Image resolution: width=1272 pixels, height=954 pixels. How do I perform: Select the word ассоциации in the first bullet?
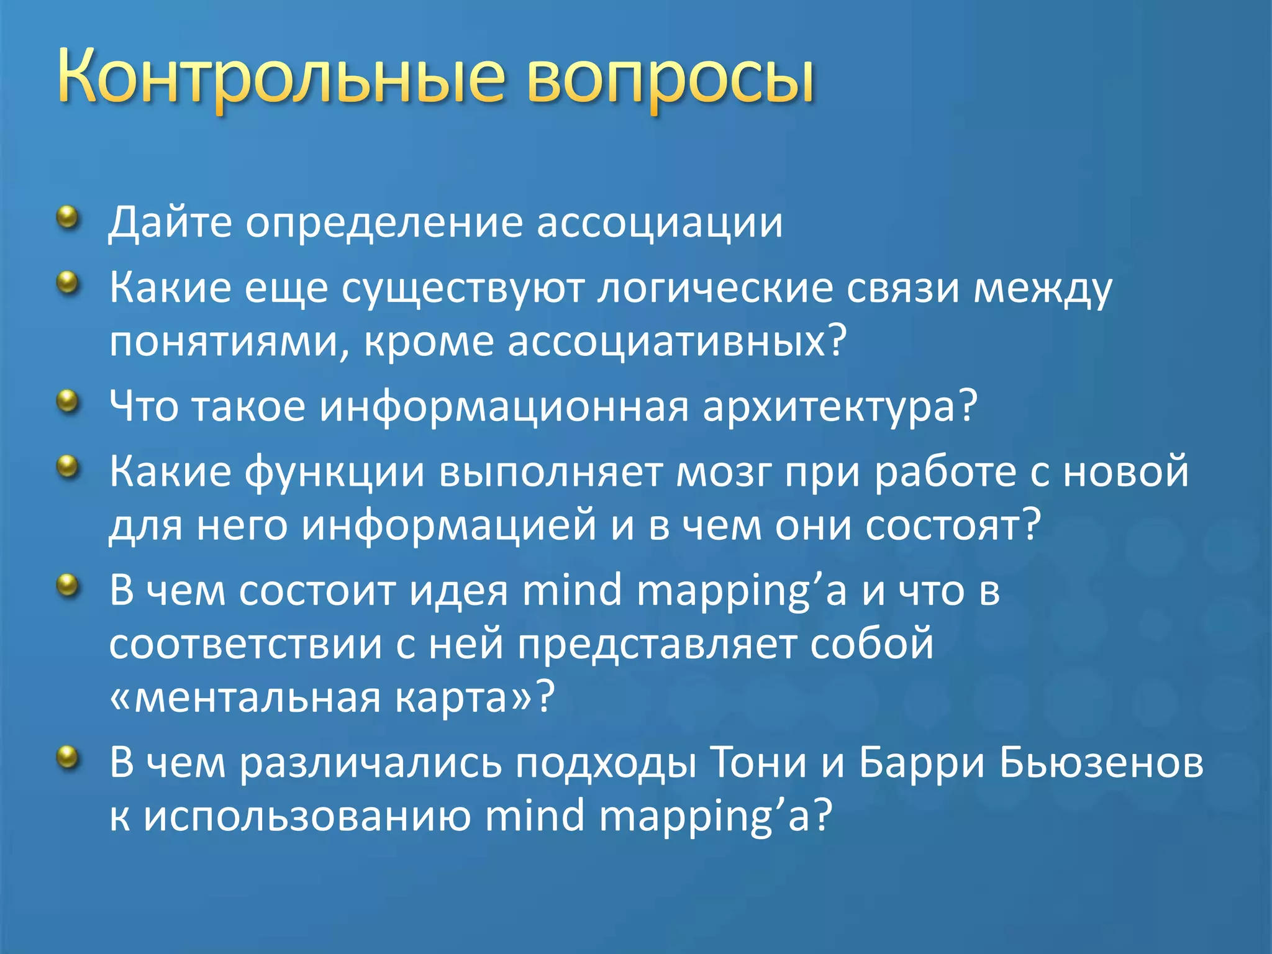pos(659,222)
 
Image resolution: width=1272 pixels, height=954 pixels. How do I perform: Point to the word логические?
pos(714,289)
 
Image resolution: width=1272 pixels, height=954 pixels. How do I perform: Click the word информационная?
pos(504,408)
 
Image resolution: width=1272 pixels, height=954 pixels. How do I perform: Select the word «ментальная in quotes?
pos(245,698)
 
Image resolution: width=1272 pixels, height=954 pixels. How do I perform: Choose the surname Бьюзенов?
pos(1101,763)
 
